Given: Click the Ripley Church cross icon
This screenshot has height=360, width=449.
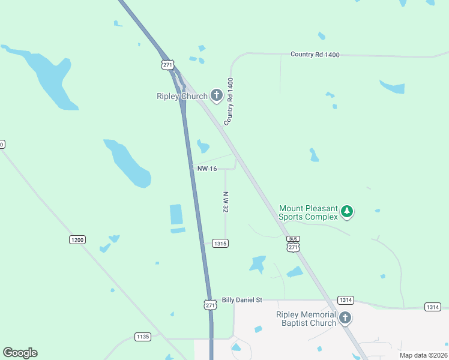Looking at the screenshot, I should pyautogui.click(x=217, y=95).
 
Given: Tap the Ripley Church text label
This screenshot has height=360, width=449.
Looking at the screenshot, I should pyautogui.click(x=182, y=96).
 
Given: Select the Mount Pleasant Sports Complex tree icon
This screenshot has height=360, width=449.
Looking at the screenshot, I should pyautogui.click(x=346, y=211).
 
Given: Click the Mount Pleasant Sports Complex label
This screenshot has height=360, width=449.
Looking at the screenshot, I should pyautogui.click(x=309, y=212).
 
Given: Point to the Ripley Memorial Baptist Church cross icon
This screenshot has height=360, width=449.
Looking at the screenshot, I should pyautogui.click(x=345, y=318).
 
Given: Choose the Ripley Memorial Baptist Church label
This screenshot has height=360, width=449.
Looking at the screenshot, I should pyautogui.click(x=306, y=319).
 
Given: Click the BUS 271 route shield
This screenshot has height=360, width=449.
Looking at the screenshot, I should pyautogui.click(x=292, y=243).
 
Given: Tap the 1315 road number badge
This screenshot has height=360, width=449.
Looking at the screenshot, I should pyautogui.click(x=220, y=243).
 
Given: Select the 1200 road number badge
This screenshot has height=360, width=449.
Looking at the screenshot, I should pyautogui.click(x=77, y=239).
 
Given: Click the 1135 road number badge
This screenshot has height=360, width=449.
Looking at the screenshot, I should pyautogui.click(x=142, y=337).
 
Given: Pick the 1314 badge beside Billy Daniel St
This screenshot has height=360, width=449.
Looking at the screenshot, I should pyautogui.click(x=346, y=300).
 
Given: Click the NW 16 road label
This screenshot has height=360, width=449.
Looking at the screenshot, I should pyautogui.click(x=207, y=169).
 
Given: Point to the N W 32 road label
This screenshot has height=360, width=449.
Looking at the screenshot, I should pyautogui.click(x=226, y=201).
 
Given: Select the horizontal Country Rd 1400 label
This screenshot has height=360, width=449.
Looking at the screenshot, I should pyautogui.click(x=315, y=55).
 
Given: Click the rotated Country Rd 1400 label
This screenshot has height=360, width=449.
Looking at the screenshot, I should pyautogui.click(x=229, y=101).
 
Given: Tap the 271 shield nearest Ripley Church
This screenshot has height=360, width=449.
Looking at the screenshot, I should pyautogui.click(x=168, y=64).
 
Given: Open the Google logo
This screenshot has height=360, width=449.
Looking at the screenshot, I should pyautogui.click(x=20, y=353).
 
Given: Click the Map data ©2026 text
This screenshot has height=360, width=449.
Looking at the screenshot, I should pyautogui.click(x=423, y=355).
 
